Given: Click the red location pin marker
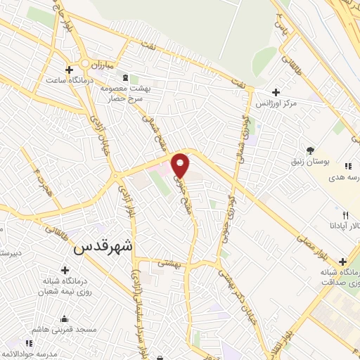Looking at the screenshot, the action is point(181,165).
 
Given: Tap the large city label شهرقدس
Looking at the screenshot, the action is point(103,247).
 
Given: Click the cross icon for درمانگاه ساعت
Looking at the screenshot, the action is point(69,70).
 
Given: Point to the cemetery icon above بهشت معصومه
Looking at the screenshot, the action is point(125,77).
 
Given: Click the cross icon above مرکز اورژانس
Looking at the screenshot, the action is point(276,92).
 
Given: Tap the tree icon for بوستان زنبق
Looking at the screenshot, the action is point(310,150).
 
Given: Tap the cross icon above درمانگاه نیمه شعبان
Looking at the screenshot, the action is point(65,270).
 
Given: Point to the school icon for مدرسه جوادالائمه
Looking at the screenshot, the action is point(29,343).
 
